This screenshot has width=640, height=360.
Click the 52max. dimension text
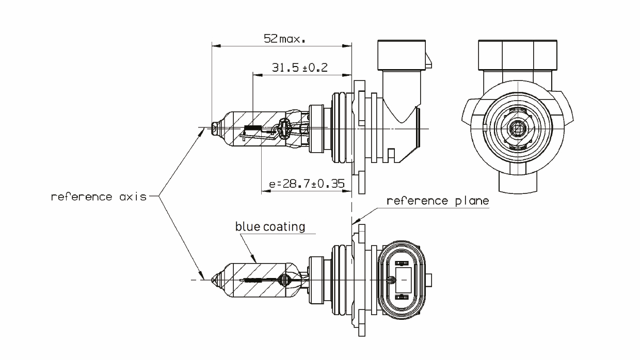(283, 39)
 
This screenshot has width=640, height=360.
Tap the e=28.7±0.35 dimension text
(307, 184)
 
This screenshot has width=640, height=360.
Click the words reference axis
(99, 197)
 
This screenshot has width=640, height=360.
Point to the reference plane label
(437, 201)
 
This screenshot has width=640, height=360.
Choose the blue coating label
(270, 226)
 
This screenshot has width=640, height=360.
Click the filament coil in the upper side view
(252, 128)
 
